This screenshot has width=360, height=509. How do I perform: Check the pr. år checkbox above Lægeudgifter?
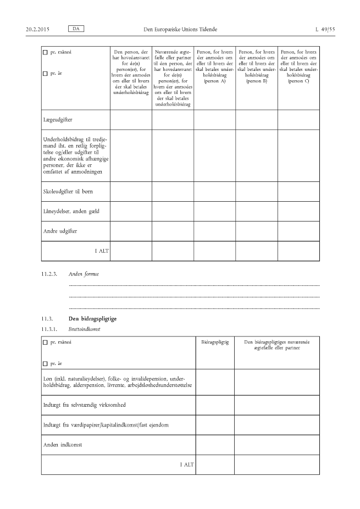(x=45, y=73)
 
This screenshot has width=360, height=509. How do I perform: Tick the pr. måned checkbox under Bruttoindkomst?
(x=45, y=342)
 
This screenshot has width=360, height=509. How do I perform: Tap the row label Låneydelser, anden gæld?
(x=70, y=211)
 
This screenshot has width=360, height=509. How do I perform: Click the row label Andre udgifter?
(x=60, y=231)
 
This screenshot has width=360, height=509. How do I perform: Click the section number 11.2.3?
(x=49, y=273)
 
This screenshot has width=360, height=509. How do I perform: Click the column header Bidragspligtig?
(x=215, y=342)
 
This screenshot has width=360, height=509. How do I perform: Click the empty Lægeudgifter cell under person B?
(x=256, y=119)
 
